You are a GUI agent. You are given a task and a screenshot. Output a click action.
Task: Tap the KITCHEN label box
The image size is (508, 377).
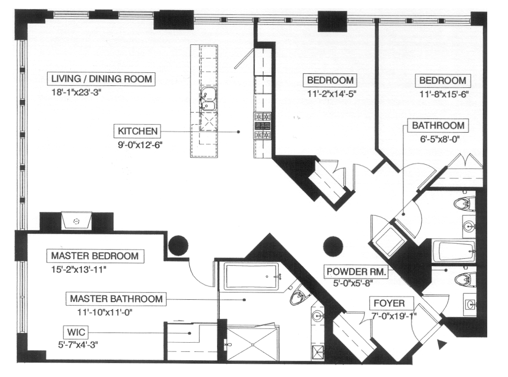pos(137,131)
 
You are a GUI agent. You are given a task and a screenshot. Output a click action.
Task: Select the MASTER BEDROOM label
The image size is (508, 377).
pos(95,255)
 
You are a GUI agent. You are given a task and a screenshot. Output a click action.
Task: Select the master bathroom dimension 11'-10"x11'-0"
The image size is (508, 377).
pos(104,312)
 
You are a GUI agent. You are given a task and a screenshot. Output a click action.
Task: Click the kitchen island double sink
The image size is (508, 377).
pos(209,99)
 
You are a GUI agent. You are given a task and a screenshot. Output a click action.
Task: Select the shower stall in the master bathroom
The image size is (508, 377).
pos(252,343)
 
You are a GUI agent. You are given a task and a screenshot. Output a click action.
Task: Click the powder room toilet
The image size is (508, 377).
pos(465,279)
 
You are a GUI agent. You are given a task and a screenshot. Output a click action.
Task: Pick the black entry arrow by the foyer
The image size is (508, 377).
pos(441,344)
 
